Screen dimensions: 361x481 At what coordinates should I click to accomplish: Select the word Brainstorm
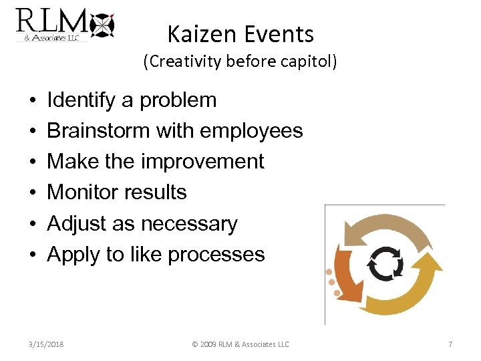click(x=99, y=131)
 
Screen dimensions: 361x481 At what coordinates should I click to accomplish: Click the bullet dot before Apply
click(x=33, y=255)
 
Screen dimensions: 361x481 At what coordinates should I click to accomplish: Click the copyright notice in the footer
click(x=240, y=344)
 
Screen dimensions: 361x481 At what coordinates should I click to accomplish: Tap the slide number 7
click(x=450, y=344)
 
